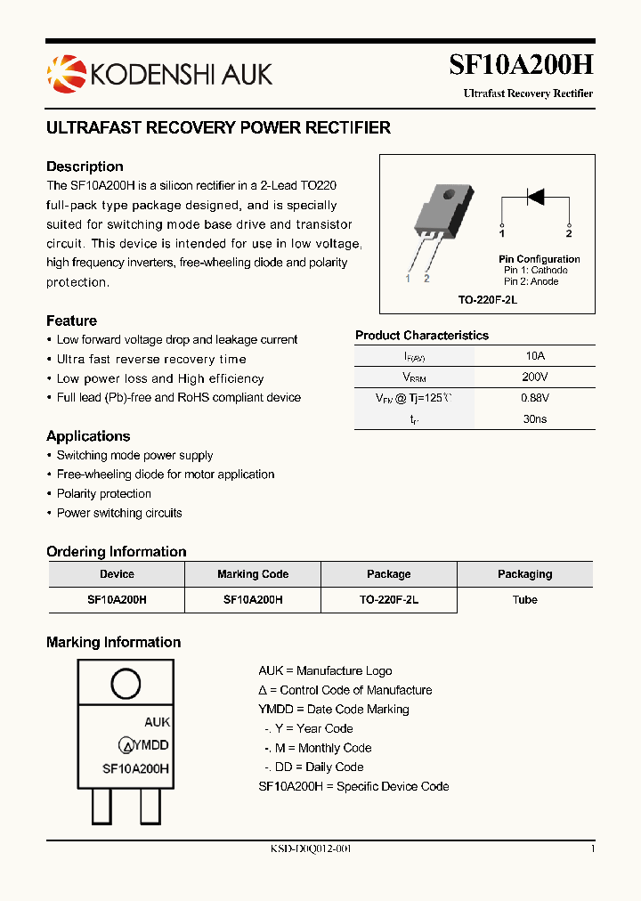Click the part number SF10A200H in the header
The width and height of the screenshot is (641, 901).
click(x=521, y=65)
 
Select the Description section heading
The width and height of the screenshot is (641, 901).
click(x=85, y=166)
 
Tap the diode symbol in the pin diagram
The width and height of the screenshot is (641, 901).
click(x=535, y=197)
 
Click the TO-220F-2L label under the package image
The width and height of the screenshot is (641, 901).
click(x=487, y=301)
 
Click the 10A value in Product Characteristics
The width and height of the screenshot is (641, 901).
click(x=535, y=356)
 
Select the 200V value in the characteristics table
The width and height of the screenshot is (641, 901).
click(x=535, y=377)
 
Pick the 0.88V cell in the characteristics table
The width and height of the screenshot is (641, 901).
click(x=535, y=398)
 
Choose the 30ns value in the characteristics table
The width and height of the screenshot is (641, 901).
click(x=535, y=419)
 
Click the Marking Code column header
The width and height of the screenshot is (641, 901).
click(x=253, y=574)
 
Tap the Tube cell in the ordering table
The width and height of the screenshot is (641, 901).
click(x=524, y=600)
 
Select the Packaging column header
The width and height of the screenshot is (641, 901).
click(x=524, y=574)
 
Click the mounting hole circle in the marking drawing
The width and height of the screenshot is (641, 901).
click(x=125, y=685)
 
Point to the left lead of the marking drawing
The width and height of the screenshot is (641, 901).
click(x=101, y=808)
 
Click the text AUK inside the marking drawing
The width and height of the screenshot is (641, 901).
click(x=157, y=723)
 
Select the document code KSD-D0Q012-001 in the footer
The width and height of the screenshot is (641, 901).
click(x=311, y=849)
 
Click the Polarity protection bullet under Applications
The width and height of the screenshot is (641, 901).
click(x=104, y=494)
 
